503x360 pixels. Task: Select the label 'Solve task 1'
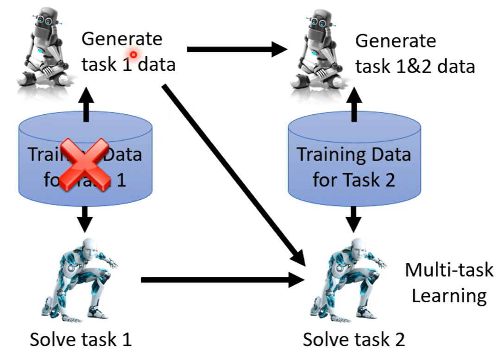point(81,340)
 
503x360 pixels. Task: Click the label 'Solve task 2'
point(354,340)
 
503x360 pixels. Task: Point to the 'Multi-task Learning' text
point(449,282)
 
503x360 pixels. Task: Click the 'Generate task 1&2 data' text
point(415,53)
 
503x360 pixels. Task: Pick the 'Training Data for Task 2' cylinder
point(354,160)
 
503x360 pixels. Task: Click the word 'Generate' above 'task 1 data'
point(122,39)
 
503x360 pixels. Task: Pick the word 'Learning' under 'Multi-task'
point(449,295)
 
